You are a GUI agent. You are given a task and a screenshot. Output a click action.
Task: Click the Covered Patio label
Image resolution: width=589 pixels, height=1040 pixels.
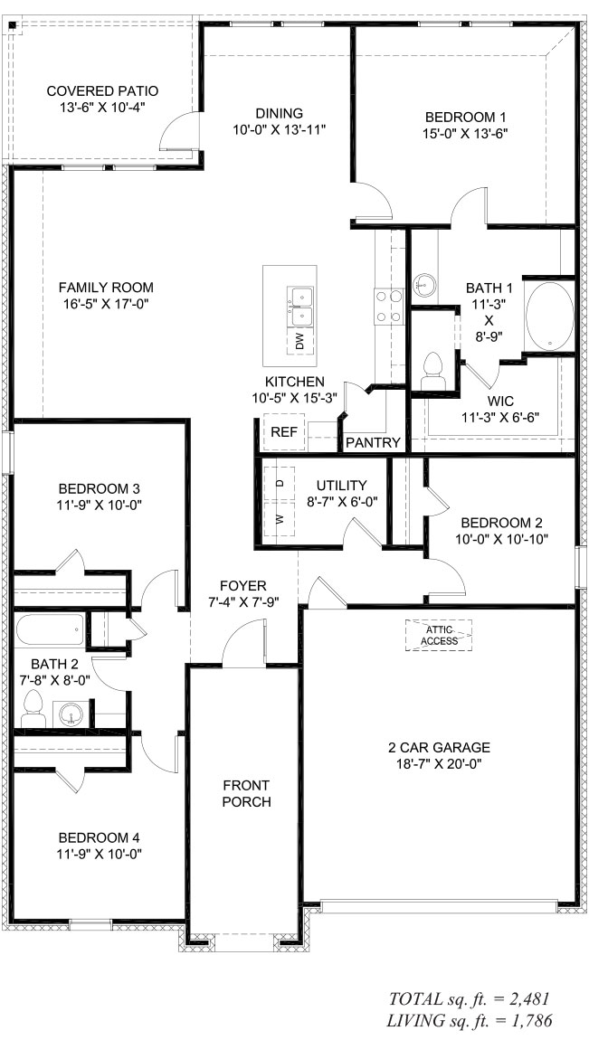[x=103, y=91]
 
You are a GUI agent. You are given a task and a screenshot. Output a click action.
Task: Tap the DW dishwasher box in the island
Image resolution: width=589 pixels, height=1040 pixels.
[x=299, y=342]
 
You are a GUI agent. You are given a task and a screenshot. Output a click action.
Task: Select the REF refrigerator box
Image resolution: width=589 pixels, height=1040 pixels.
[x=285, y=432]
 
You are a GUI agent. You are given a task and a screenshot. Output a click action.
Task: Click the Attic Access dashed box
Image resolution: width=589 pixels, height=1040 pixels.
[x=439, y=636]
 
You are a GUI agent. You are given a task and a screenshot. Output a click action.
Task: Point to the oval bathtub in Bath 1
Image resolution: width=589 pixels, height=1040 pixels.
[x=550, y=316]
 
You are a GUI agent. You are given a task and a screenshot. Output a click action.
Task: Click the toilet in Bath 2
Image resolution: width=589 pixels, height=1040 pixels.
[x=33, y=708]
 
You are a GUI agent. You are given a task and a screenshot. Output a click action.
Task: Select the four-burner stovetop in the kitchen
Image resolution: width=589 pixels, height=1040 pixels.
[x=389, y=307]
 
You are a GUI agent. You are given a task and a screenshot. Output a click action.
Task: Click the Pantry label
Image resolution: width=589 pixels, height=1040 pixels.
[x=374, y=443]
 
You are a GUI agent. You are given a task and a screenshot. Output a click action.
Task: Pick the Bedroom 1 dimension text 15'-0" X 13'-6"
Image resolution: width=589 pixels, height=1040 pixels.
[x=466, y=133]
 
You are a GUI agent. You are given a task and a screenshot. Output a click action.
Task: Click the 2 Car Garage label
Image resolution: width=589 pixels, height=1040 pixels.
[x=439, y=748]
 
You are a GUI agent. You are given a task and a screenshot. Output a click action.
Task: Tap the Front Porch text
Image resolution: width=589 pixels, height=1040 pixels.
[x=246, y=794]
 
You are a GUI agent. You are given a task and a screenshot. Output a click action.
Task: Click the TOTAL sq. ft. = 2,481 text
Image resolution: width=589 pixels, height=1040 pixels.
[x=469, y=998]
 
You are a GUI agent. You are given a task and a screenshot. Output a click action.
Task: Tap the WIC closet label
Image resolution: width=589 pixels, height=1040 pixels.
[x=500, y=402]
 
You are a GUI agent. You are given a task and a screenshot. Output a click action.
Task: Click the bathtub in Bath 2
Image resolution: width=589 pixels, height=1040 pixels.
[x=51, y=629]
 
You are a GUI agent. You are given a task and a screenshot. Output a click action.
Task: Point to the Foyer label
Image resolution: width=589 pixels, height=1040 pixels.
[x=242, y=586]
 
